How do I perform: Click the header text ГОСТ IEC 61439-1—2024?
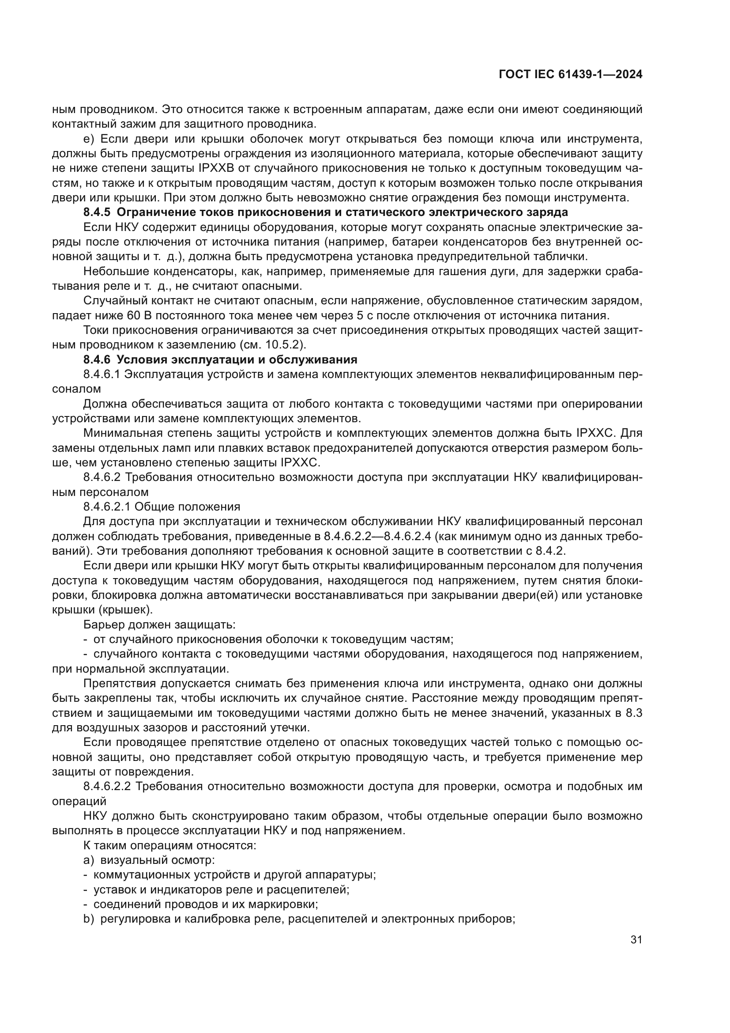(570, 75)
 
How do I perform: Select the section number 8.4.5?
(97, 212)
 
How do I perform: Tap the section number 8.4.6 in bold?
(97, 359)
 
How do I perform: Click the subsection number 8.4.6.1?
(102, 375)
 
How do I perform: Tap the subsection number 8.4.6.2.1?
(107, 507)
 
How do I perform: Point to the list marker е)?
(88, 139)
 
